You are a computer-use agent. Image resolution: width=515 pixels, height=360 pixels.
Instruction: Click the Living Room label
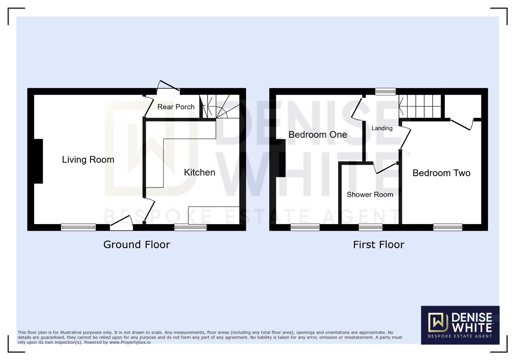pos(88,160)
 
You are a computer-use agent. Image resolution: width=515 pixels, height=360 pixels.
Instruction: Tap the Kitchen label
pos(199,172)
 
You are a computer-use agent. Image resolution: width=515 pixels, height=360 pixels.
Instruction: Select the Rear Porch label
pos(176,107)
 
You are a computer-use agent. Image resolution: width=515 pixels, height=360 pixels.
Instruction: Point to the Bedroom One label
pos(318,135)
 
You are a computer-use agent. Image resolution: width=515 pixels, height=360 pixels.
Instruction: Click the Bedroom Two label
pos(441,173)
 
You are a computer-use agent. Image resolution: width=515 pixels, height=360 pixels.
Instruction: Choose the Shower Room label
pos(370,195)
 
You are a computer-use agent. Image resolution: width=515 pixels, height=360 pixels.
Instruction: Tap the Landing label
pos(382,128)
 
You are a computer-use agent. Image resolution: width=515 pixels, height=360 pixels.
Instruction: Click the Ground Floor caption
pos(137,245)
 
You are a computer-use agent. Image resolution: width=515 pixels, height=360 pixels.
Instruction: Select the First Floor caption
pos(379,245)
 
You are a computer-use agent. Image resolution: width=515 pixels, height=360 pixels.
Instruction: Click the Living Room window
pos(78,227)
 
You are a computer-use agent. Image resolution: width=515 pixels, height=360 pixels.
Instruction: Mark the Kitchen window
pos(190,227)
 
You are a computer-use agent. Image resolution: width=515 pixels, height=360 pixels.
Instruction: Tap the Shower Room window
pos(371,227)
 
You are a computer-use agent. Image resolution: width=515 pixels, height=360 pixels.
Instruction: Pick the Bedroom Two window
pos(448,227)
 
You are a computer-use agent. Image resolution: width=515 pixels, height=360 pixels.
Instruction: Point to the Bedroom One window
pos(305,227)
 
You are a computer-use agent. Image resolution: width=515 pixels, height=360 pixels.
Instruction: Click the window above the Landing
pos(385,91)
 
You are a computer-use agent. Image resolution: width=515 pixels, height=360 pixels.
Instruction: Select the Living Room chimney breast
pos(38,161)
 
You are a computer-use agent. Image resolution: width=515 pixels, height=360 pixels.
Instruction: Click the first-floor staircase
pos(420,106)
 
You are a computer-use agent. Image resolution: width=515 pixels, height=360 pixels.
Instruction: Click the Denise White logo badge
pos(460,325)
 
